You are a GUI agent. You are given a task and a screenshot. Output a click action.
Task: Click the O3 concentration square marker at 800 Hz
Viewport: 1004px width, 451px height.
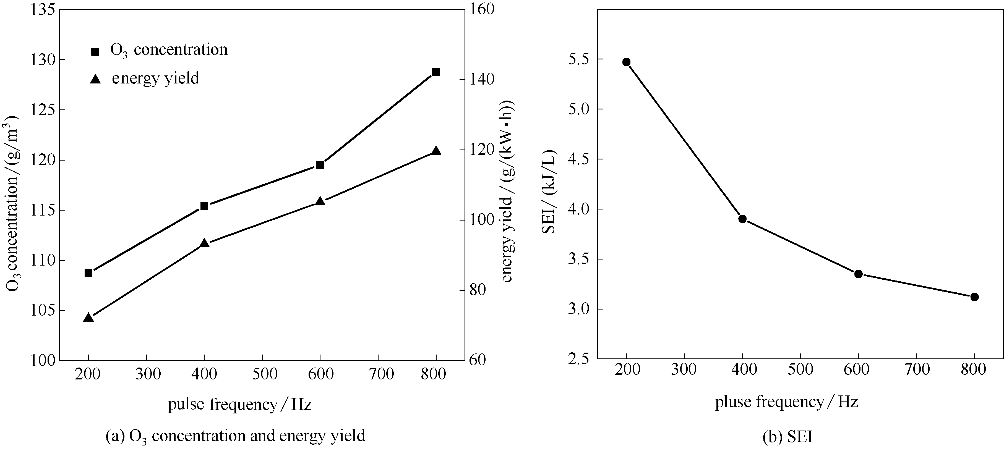click(436, 72)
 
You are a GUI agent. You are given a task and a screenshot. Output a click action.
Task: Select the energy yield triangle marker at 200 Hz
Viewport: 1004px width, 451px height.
click(88, 318)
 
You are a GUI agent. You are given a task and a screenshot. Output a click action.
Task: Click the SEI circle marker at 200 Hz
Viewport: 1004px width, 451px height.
click(626, 62)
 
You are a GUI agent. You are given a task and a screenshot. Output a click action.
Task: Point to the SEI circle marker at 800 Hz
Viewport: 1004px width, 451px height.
click(974, 297)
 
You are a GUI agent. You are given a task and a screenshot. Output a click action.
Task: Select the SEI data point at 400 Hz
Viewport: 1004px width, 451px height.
click(742, 219)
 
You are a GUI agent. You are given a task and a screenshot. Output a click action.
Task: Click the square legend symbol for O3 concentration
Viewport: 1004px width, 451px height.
click(95, 51)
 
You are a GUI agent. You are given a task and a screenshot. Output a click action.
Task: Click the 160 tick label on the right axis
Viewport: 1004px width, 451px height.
click(482, 9)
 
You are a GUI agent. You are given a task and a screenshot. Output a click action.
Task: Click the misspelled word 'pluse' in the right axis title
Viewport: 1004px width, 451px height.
click(734, 402)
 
